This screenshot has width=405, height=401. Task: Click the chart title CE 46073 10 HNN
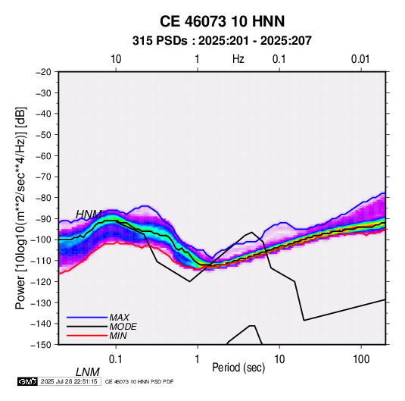[x=222, y=21]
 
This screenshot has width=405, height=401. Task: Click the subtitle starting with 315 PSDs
[x=222, y=41]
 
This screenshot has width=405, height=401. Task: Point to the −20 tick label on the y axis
[x=43, y=72]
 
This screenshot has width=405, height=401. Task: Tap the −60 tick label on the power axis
[x=43, y=155]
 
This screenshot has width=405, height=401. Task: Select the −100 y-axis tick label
[x=42, y=240]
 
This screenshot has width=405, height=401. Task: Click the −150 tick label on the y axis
[x=42, y=345]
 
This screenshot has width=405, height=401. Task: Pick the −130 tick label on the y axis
[x=42, y=302]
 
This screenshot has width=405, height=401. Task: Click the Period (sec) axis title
[x=238, y=368]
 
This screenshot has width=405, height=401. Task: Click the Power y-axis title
[x=20, y=208]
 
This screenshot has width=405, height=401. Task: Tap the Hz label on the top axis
[x=238, y=59]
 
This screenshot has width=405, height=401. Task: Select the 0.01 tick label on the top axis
[x=360, y=59]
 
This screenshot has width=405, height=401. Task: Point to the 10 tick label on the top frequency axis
[x=116, y=59]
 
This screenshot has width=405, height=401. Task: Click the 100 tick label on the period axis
[x=361, y=359]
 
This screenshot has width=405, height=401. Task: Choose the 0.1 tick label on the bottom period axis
[x=116, y=359]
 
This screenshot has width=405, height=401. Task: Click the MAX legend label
[x=120, y=318]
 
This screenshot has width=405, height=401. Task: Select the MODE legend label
[x=123, y=327]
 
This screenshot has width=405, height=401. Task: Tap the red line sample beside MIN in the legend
[x=87, y=336]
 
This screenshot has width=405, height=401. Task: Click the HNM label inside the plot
[x=89, y=215]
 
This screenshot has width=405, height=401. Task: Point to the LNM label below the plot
[x=88, y=372]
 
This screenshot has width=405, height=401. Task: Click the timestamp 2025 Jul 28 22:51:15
[x=69, y=381]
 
